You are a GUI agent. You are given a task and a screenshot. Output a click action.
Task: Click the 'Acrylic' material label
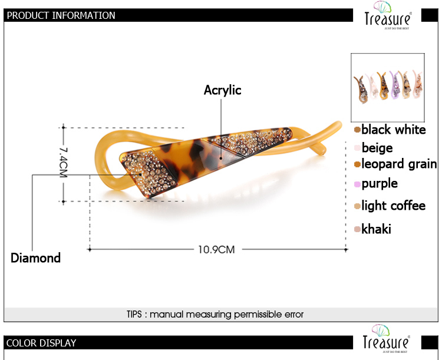222,90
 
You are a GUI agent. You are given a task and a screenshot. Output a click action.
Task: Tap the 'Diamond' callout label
35,258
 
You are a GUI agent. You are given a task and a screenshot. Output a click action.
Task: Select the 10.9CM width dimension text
216,249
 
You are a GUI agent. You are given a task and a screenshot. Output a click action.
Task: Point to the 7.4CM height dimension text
64,163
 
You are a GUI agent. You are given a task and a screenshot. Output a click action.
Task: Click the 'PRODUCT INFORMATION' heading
61,15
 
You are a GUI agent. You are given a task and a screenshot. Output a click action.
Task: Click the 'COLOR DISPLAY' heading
41,343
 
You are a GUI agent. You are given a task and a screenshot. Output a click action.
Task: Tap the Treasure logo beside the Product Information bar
388,15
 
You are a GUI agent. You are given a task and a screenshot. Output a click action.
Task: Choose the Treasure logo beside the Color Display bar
386,339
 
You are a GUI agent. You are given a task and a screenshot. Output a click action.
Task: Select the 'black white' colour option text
394,130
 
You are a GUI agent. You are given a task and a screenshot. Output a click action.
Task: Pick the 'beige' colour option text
377,148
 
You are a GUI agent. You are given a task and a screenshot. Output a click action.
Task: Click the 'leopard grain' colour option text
399,164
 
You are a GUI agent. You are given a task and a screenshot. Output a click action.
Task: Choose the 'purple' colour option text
380,183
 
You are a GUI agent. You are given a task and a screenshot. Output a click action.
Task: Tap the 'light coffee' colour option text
394,206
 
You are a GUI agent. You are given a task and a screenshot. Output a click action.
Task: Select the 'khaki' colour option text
376,229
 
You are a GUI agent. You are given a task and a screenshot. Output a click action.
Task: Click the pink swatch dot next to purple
358,184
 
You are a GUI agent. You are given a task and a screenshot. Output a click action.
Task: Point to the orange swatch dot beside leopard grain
358,164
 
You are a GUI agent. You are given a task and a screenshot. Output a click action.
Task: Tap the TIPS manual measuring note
215,314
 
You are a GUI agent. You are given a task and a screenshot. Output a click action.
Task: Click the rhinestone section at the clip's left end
150,173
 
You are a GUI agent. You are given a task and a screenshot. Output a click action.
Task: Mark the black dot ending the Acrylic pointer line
221,158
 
